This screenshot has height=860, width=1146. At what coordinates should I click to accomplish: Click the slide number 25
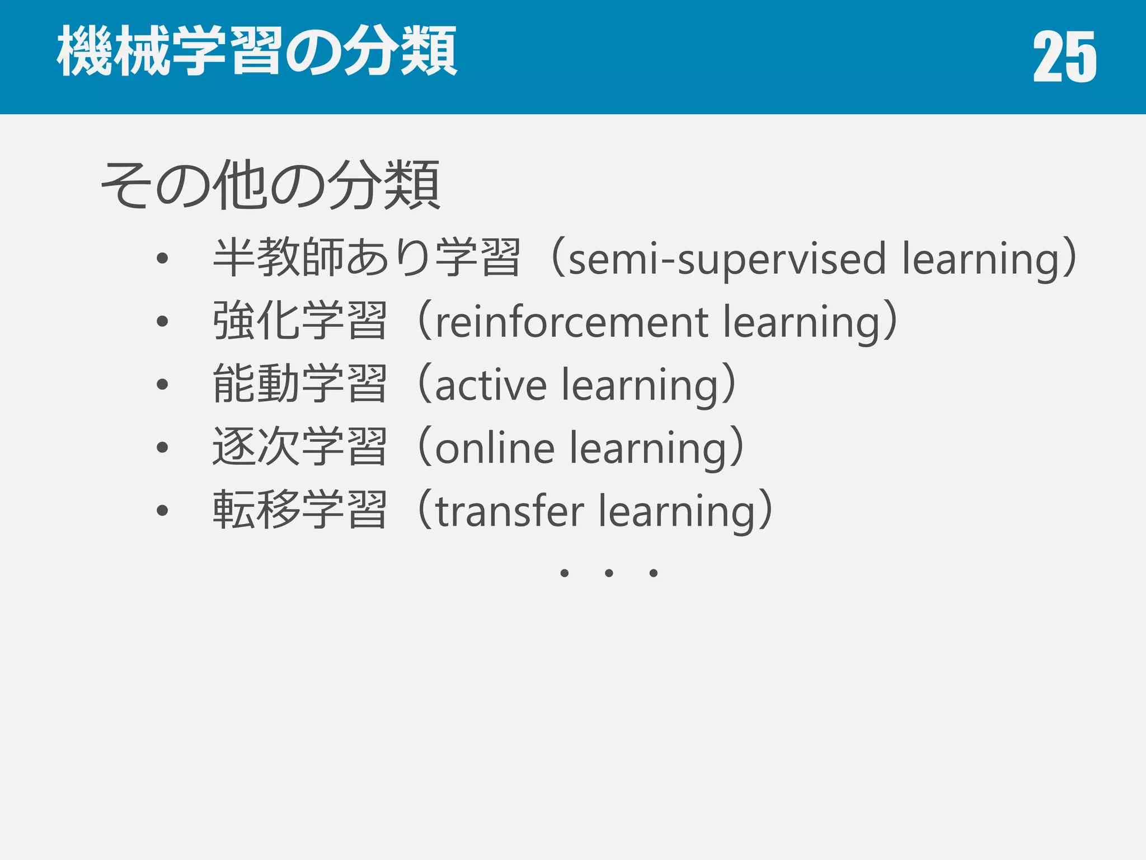pyautogui.click(x=1064, y=57)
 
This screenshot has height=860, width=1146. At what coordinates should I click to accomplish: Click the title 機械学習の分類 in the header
pyautogui.click(x=257, y=52)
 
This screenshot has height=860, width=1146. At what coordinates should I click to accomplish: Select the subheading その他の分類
pyautogui.click(x=270, y=185)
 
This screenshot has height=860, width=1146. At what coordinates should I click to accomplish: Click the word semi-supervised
pyautogui.click(x=727, y=259)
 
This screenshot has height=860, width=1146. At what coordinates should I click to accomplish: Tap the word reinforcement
pyautogui.click(x=572, y=323)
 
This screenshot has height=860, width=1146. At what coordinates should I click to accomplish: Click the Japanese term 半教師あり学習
pyautogui.click(x=367, y=258)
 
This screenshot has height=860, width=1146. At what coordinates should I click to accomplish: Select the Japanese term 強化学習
pyautogui.click(x=300, y=321)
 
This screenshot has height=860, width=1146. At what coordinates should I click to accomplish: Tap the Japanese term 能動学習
pyautogui.click(x=300, y=384)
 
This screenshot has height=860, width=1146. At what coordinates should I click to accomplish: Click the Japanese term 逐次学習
pyautogui.click(x=300, y=447)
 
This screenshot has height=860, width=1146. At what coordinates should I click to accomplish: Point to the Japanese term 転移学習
pyautogui.click(x=300, y=510)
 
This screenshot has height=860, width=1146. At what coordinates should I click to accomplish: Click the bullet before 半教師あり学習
pyautogui.click(x=162, y=258)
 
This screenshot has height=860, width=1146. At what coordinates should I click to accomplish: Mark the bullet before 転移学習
pyautogui.click(x=162, y=511)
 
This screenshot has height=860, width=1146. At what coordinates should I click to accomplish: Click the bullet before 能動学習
pyautogui.click(x=162, y=384)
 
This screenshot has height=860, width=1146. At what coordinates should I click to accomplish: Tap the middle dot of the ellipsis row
pyautogui.click(x=609, y=573)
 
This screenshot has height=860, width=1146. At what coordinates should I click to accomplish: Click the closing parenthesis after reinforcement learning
pyautogui.click(x=889, y=322)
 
